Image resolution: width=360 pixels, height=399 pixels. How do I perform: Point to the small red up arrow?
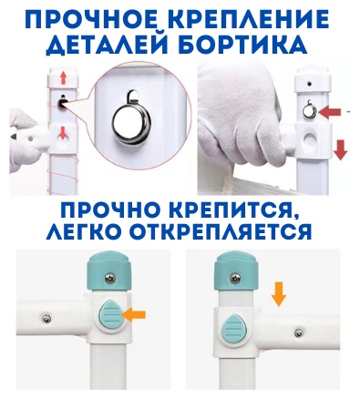click(63, 78)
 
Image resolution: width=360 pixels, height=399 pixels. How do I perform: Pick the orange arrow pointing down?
click(279, 293)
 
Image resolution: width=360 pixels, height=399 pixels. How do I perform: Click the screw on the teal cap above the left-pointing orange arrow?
click(109, 278)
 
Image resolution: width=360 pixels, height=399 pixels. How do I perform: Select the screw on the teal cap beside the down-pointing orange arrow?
click(236, 278)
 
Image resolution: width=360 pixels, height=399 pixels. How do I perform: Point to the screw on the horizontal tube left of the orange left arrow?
click(46, 318)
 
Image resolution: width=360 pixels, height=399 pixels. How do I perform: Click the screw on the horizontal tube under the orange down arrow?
click(299, 333)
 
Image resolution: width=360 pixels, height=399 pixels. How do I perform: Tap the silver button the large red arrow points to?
click(309, 112)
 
